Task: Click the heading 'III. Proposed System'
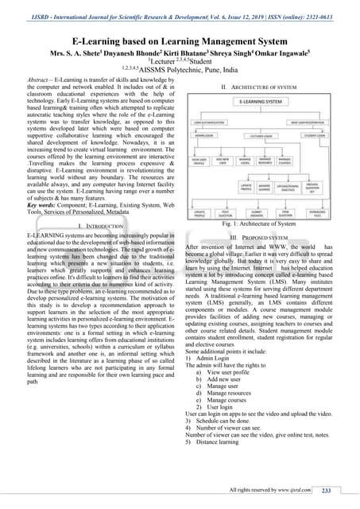pos(258,238)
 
